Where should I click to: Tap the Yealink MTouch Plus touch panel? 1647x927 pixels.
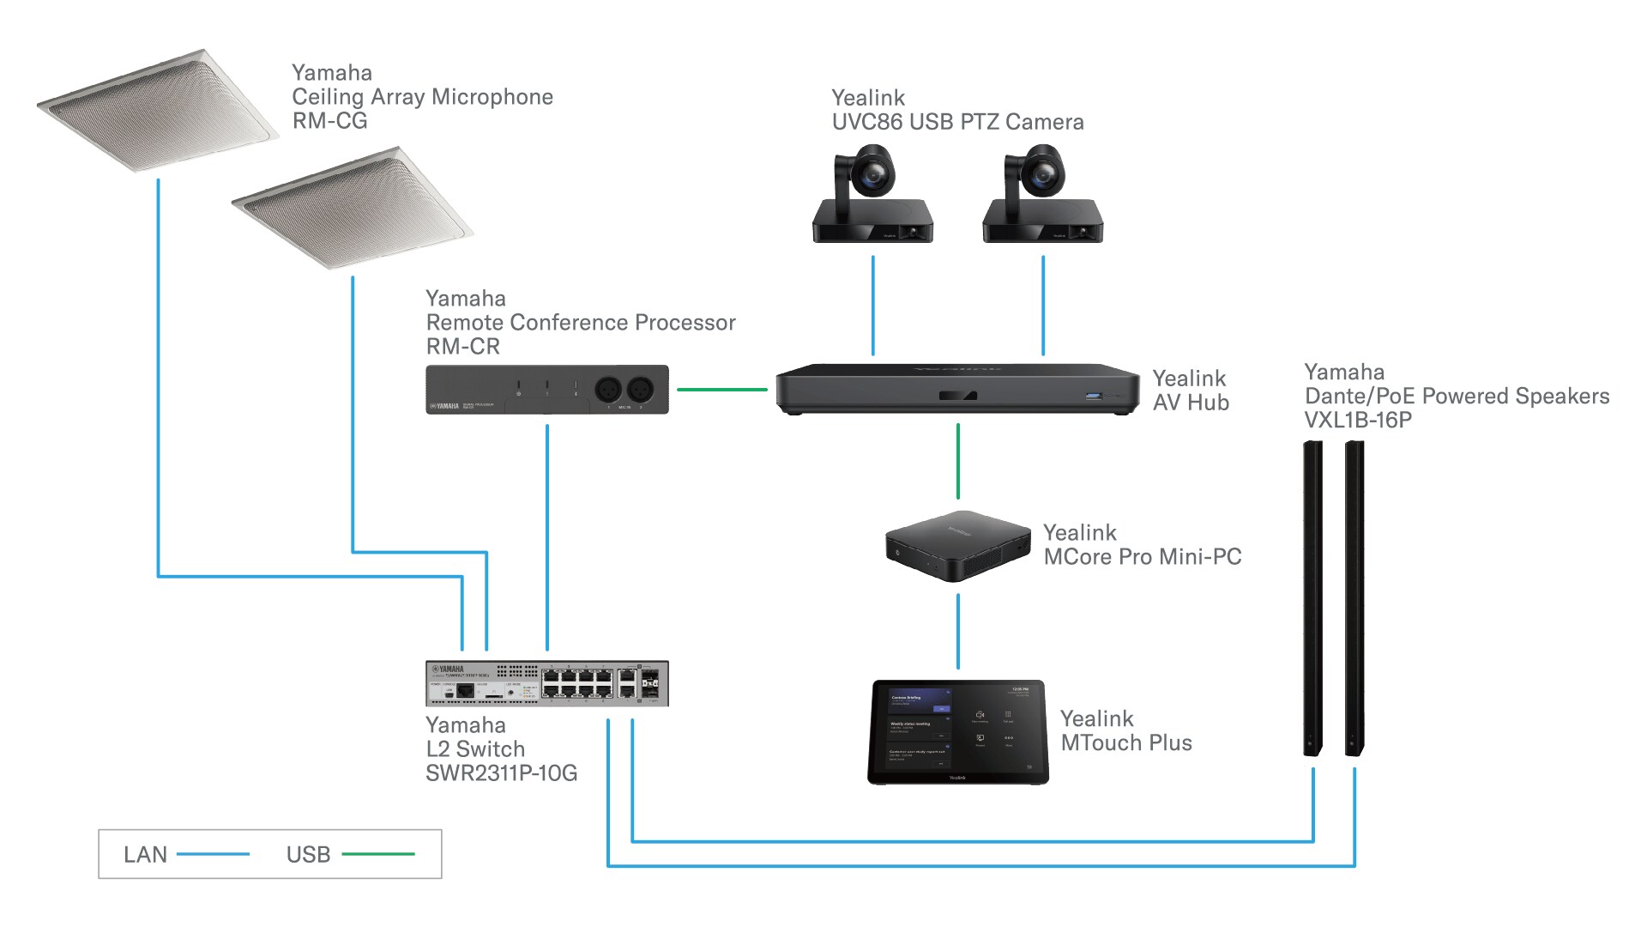(x=957, y=731)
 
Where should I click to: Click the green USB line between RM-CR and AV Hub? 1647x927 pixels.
(x=721, y=390)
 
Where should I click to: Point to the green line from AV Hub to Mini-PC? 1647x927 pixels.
(x=958, y=461)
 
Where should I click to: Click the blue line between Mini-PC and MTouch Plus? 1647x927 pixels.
(x=958, y=631)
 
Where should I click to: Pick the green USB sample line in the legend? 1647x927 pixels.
(x=378, y=854)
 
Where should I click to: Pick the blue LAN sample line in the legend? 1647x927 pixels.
(x=213, y=854)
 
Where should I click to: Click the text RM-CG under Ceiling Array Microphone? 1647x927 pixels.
(x=329, y=121)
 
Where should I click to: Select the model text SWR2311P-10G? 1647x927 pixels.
(x=501, y=773)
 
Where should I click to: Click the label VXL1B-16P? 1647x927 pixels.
(x=1357, y=421)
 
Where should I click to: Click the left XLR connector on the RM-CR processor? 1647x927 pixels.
(x=609, y=389)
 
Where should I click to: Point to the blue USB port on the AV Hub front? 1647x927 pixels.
(x=1093, y=396)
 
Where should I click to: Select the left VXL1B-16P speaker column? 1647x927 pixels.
(x=1312, y=598)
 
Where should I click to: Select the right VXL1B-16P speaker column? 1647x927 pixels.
(x=1354, y=598)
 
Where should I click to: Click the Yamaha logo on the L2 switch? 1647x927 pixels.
(x=447, y=669)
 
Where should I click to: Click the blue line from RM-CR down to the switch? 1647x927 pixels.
(x=547, y=536)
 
